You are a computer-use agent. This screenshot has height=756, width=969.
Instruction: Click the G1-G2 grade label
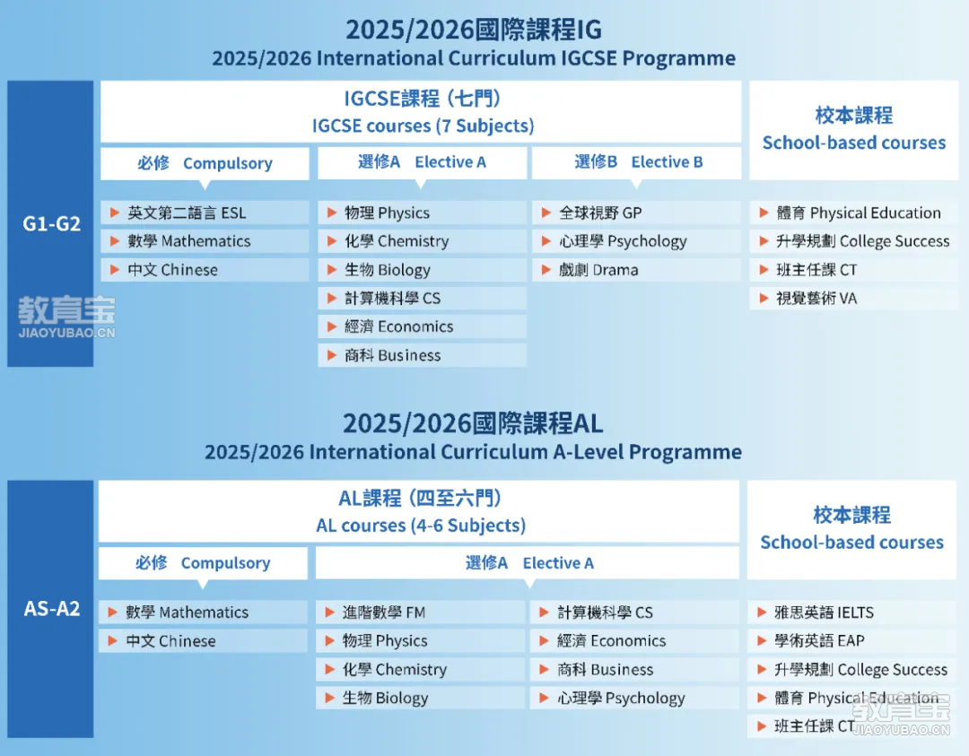[x=52, y=223]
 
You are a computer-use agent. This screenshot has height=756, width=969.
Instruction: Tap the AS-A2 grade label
[x=52, y=609]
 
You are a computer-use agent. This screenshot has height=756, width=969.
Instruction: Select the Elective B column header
[x=639, y=161]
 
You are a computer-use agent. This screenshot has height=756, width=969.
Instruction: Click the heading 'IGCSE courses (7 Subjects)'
[x=423, y=126]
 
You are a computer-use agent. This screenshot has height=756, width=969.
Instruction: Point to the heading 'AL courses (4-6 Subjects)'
[x=421, y=525]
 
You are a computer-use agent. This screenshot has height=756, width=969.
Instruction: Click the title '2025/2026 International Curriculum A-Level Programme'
[x=474, y=452]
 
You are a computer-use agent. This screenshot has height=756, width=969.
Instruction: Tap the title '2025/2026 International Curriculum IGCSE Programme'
[x=474, y=58]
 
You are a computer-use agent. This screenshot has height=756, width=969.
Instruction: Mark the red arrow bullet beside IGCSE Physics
[x=332, y=213]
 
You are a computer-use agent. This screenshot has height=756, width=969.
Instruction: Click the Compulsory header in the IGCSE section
[x=205, y=163]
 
